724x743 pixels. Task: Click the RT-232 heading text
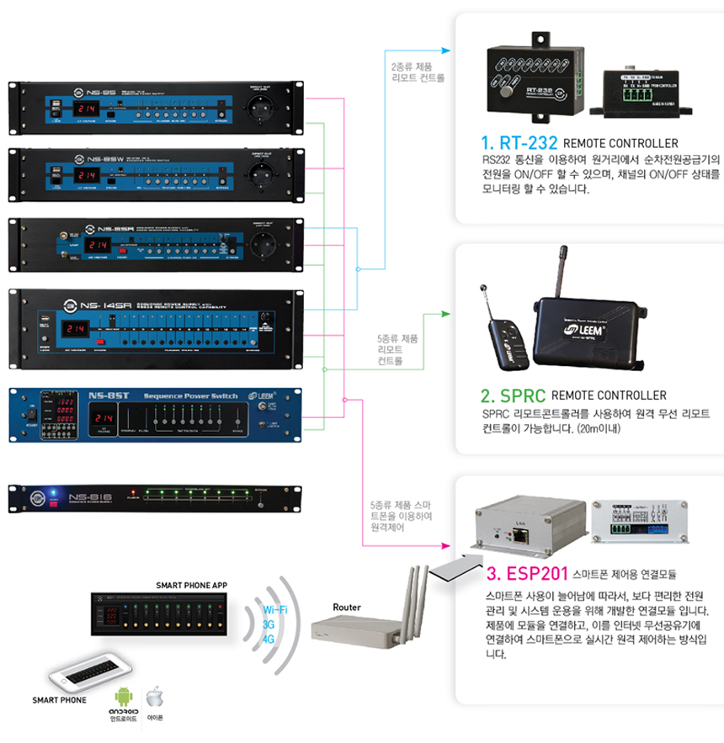516,143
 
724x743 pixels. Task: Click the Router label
347,607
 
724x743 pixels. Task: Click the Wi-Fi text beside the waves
274,609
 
